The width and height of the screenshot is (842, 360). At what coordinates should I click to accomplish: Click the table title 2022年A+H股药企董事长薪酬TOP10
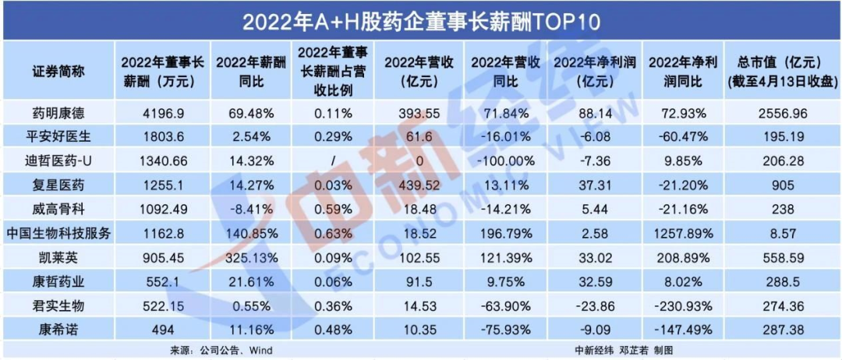(420, 19)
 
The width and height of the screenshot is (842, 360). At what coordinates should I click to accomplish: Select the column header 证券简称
(58, 71)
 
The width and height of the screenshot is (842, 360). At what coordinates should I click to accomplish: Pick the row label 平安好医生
(58, 138)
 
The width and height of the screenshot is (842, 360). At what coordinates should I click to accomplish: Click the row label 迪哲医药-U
(58, 162)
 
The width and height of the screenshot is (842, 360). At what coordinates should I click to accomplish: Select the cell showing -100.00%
(506, 162)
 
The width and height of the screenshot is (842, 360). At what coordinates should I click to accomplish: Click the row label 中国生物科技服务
(58, 234)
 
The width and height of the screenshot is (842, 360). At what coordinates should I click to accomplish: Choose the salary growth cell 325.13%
(248, 257)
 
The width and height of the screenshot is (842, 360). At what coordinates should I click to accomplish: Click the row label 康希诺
(58, 329)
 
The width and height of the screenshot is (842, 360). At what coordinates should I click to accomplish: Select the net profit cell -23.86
(593, 305)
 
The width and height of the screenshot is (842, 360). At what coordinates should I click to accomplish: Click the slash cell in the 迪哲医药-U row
(333, 162)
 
